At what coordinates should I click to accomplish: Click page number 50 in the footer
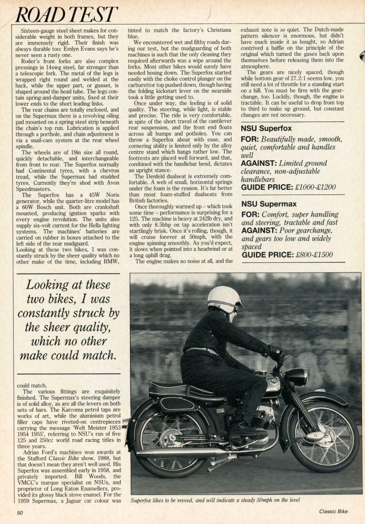coord(20,513)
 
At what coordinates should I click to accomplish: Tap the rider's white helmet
coord(222,298)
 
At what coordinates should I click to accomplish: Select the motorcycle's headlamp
coord(297,377)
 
